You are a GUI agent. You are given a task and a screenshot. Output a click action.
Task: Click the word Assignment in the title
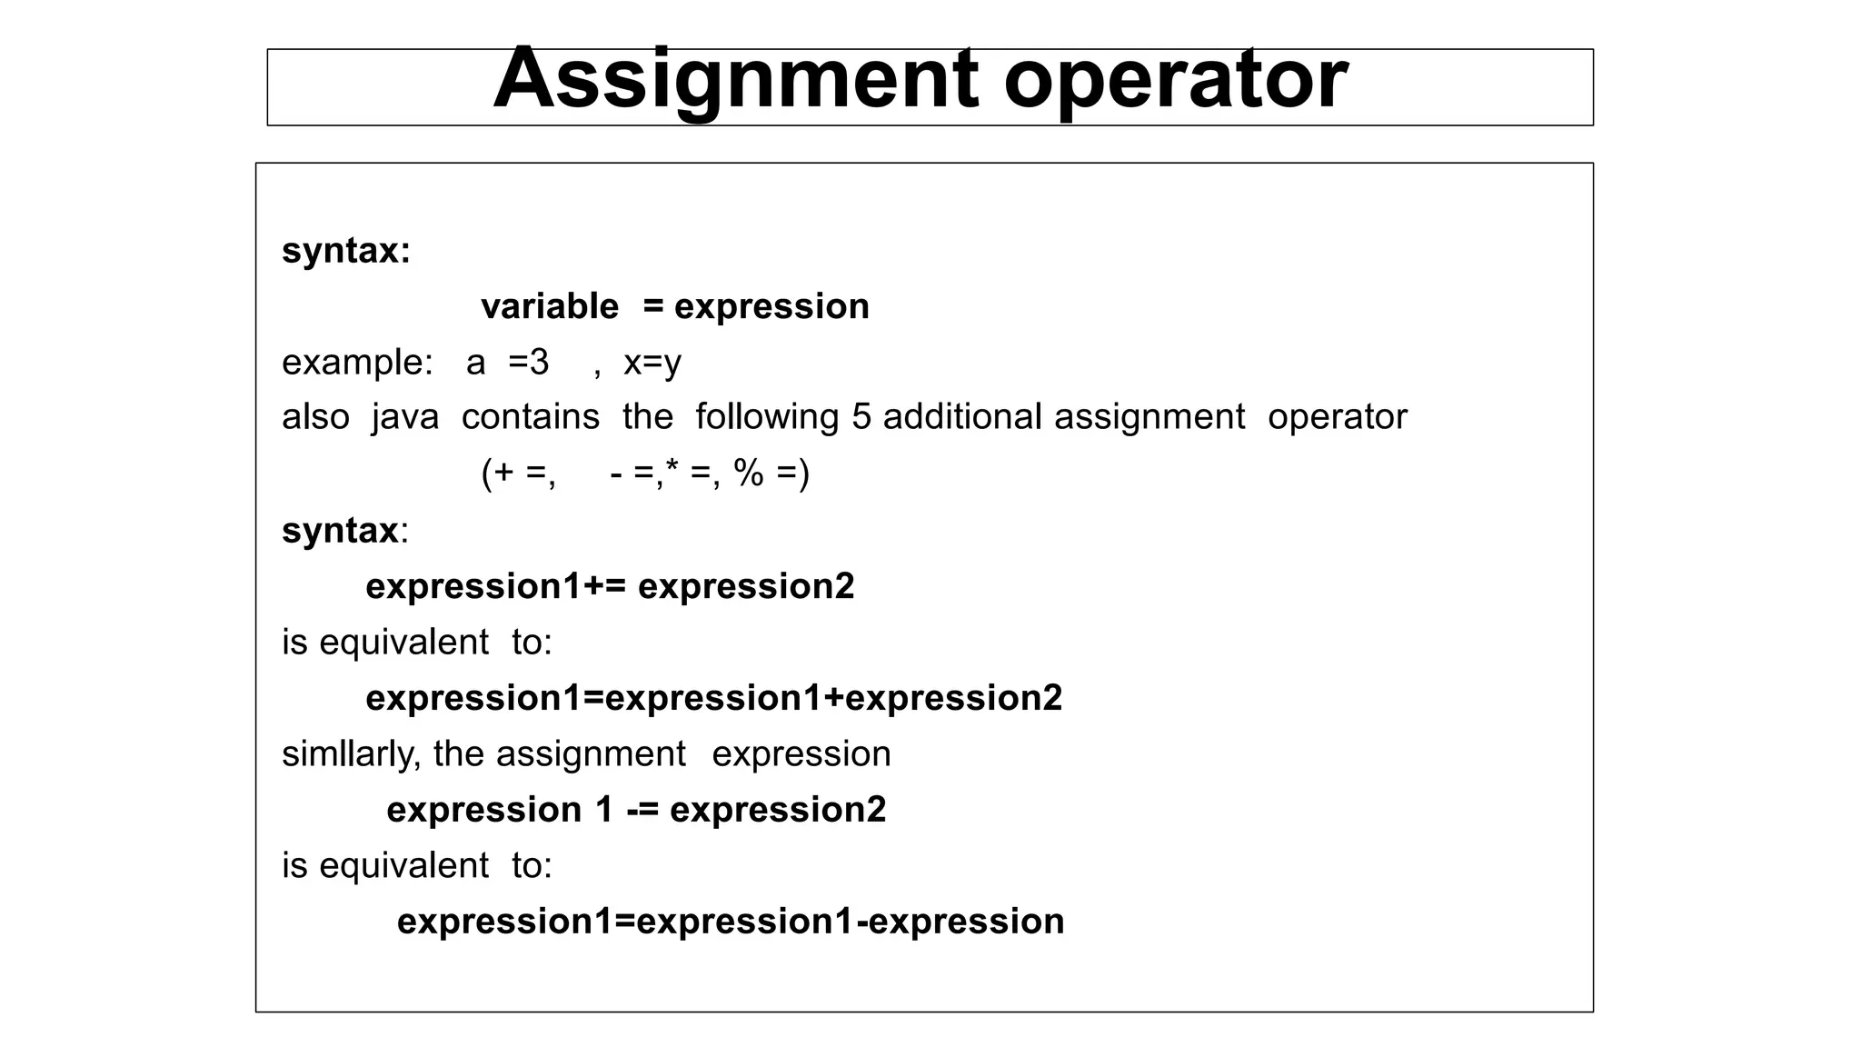point(734,80)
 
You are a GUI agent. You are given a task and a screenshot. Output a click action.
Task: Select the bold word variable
point(550,306)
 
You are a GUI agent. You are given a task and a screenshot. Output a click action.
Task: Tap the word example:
point(357,363)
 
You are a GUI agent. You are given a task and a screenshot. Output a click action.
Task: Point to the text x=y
point(652,363)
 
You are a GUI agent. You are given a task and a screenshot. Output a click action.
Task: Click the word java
point(405,417)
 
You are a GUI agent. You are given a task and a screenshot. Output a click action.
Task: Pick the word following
point(767,417)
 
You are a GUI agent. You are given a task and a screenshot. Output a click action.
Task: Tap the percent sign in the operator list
point(749,473)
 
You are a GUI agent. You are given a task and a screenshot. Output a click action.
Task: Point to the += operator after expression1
point(604,587)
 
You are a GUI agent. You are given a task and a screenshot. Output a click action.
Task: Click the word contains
point(531,417)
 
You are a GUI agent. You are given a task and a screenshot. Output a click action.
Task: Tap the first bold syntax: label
point(346,251)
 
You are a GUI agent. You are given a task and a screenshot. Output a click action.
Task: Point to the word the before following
point(647,417)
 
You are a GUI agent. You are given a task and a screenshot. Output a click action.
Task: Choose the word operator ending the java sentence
point(1337,417)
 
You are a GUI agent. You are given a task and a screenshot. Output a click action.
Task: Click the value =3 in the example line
point(529,363)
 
